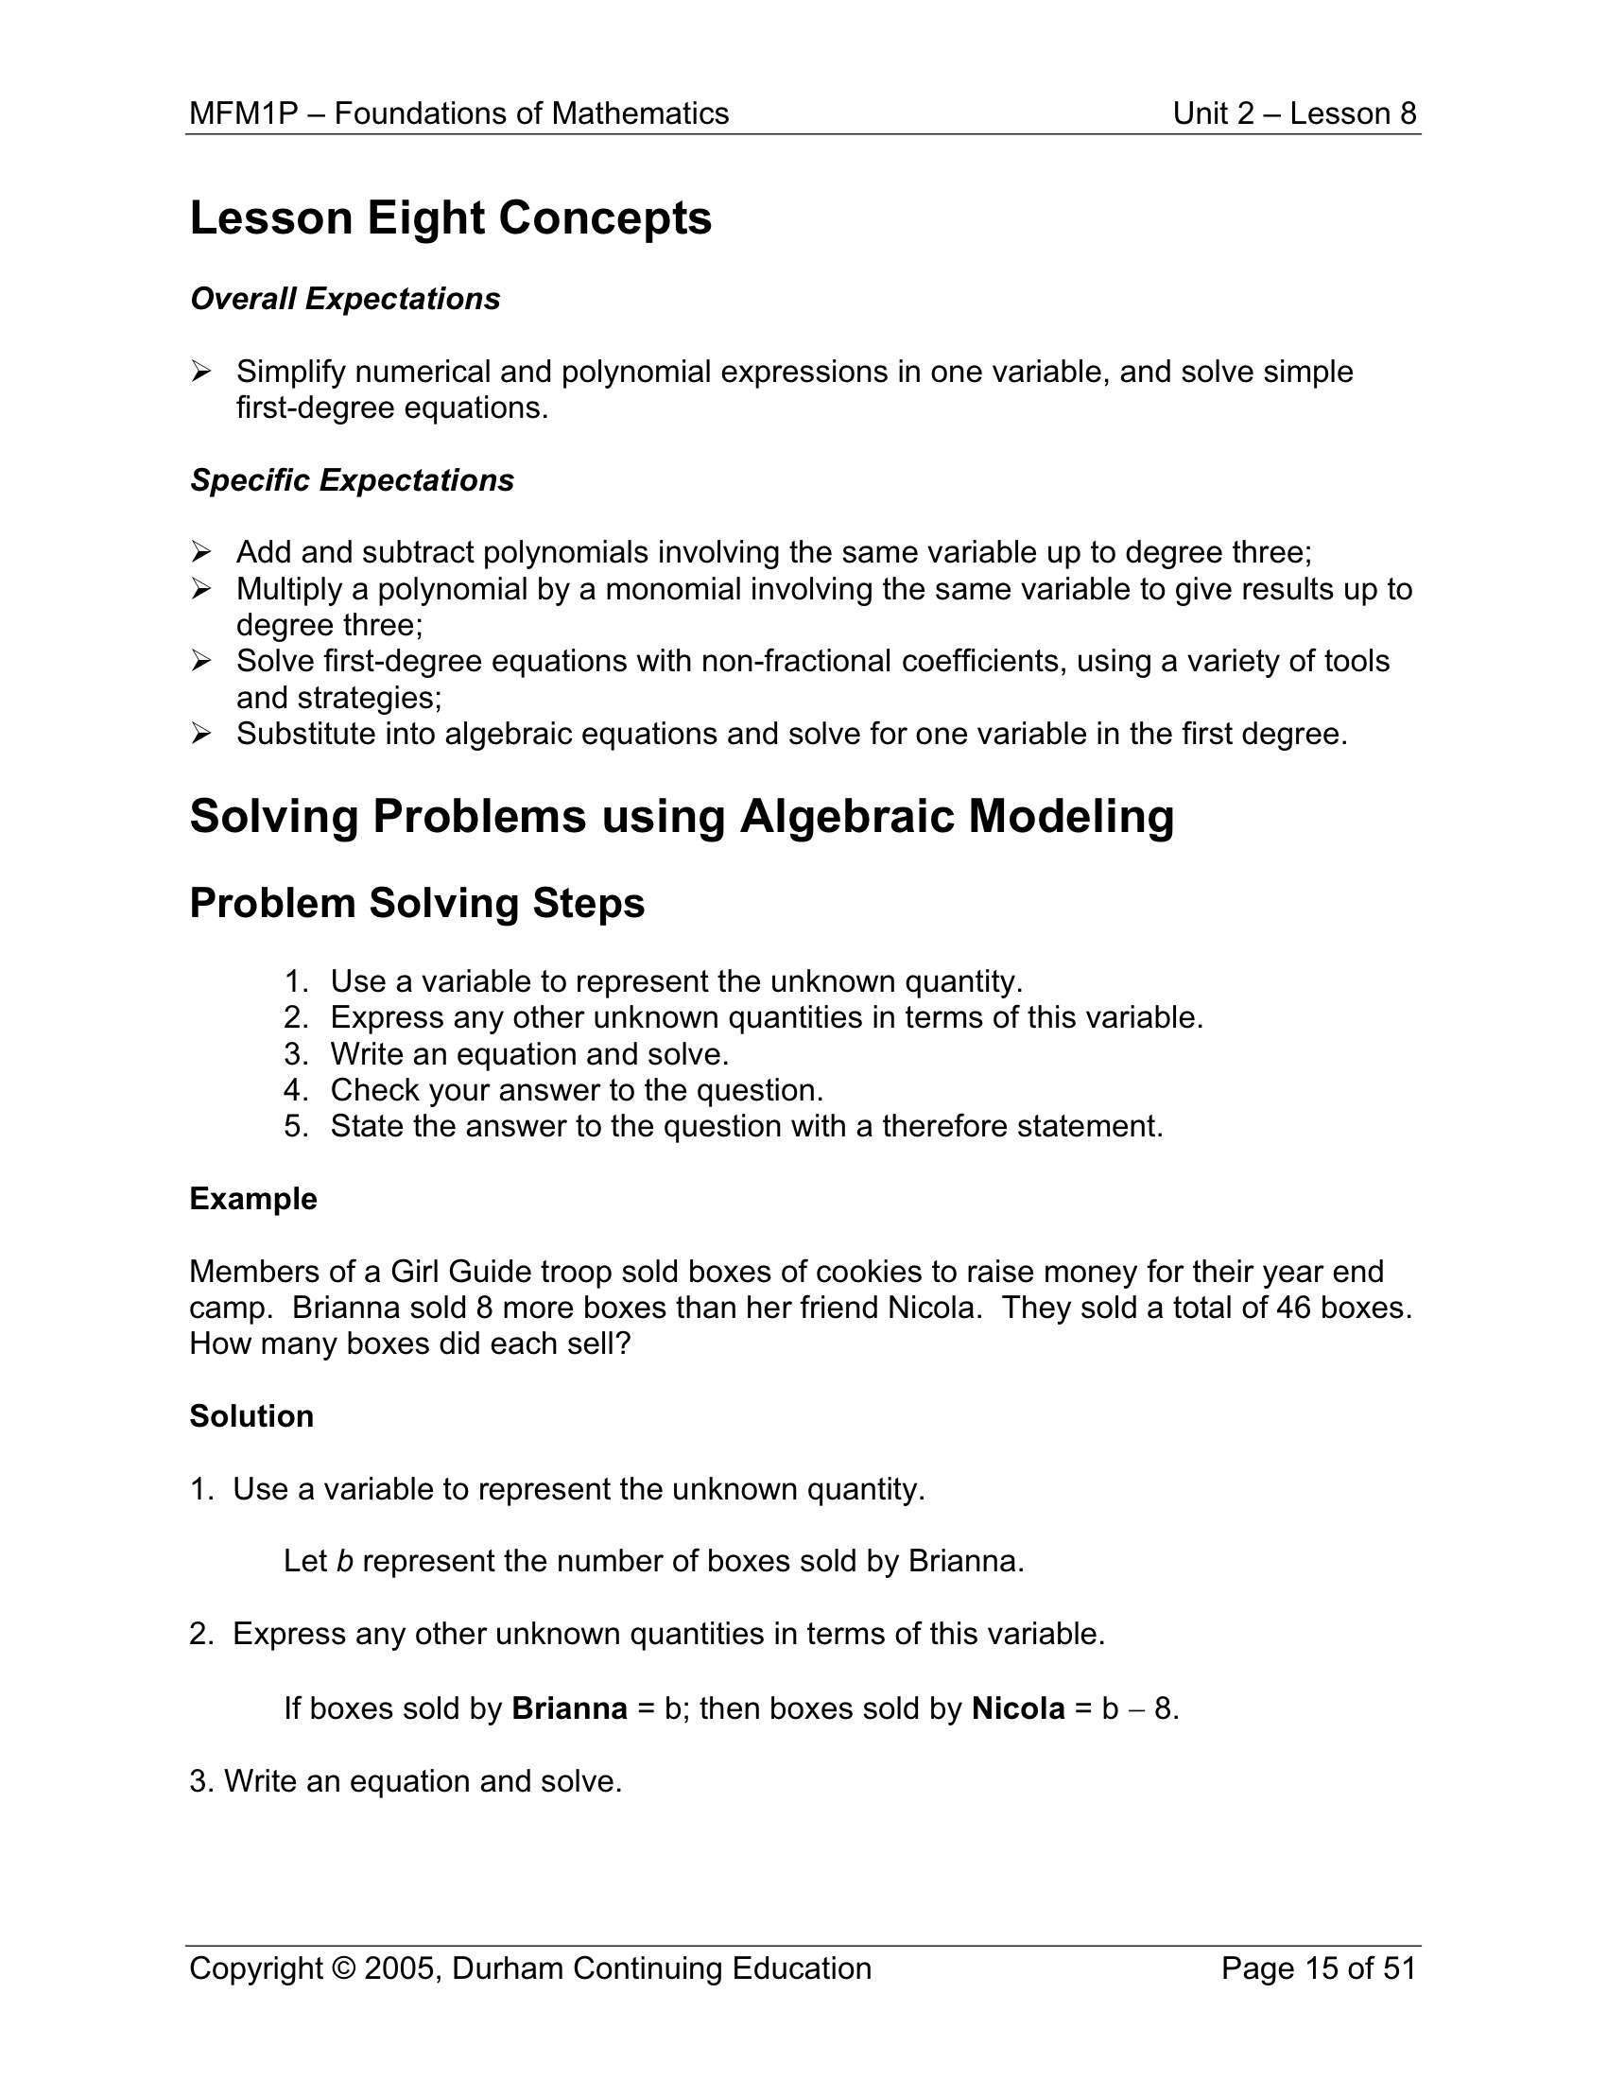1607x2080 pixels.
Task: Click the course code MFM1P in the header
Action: tap(243, 113)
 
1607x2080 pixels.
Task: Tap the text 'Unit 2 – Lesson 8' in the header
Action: tap(1294, 113)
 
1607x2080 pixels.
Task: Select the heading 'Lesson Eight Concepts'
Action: tap(450, 218)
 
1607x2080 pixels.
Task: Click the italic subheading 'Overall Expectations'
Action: tap(345, 299)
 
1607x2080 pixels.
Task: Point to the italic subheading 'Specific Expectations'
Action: tap(352, 480)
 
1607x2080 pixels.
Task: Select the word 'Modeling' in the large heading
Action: tap(1071, 816)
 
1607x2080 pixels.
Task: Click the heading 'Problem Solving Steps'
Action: tap(417, 903)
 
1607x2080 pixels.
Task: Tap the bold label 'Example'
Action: tap(253, 1198)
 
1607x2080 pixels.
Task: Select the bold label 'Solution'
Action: tap(251, 1416)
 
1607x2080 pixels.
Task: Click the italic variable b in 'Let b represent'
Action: tap(345, 1561)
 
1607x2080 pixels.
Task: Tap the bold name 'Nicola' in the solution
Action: tap(1017, 1708)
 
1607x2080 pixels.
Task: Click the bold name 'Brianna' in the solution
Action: tap(569, 1708)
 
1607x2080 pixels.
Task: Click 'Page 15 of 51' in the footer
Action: tap(1318, 1968)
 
